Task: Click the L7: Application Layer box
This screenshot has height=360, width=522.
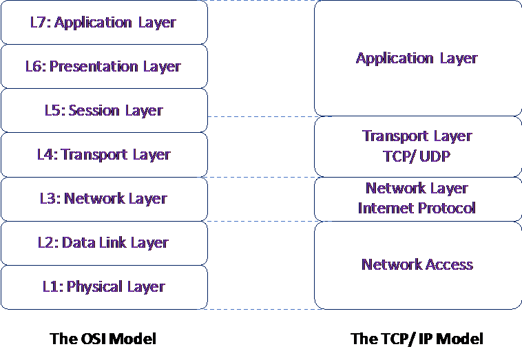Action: click(104, 22)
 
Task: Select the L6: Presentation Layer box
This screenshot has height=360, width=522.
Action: click(104, 66)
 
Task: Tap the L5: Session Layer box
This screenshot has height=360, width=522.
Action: click(104, 110)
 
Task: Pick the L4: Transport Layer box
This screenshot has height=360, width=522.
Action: click(104, 154)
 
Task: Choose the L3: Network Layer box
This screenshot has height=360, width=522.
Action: click(104, 198)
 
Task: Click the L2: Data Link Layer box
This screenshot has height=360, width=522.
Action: click(104, 242)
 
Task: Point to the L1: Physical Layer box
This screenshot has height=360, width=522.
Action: click(104, 286)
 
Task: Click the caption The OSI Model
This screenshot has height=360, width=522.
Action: click(103, 339)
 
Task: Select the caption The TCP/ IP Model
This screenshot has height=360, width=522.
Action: click(417, 339)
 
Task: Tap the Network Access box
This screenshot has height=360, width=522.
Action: click(417, 264)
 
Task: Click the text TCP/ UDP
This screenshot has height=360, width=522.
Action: click(417, 156)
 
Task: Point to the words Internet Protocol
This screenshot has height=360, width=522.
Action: click(417, 207)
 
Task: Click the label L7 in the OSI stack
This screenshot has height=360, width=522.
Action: click(39, 22)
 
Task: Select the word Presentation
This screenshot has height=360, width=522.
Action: click(91, 67)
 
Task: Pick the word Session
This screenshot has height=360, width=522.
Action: click(96, 110)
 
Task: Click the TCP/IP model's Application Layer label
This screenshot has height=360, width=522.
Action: click(417, 58)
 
